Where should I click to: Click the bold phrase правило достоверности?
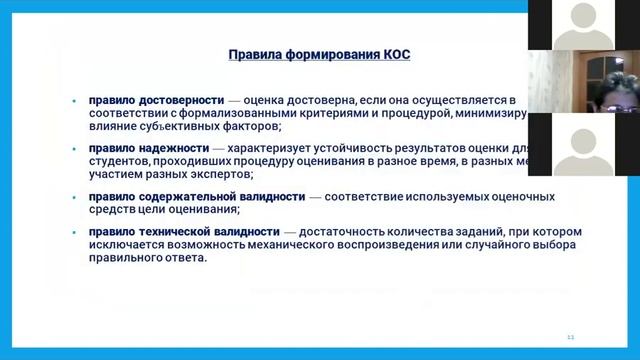coord(154,100)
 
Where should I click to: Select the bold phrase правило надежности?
coord(148,148)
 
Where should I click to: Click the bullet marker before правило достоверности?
coord(75,101)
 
